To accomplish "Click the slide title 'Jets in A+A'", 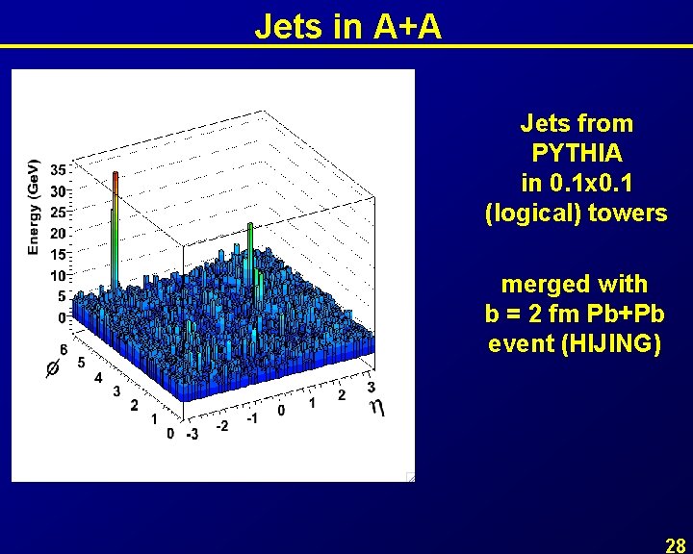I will tap(347, 26).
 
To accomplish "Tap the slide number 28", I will tap(675, 545).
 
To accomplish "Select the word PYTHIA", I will tap(576, 153).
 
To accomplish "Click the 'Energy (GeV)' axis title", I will tap(33, 206).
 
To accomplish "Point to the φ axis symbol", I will tap(53, 368).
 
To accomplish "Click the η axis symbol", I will tap(378, 408).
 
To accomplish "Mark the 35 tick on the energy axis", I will tap(58, 169).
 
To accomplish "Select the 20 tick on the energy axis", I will tap(58, 233).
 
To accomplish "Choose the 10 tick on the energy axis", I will tap(58, 275).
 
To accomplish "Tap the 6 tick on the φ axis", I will tap(64, 349).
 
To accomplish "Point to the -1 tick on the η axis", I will tap(251, 418).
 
